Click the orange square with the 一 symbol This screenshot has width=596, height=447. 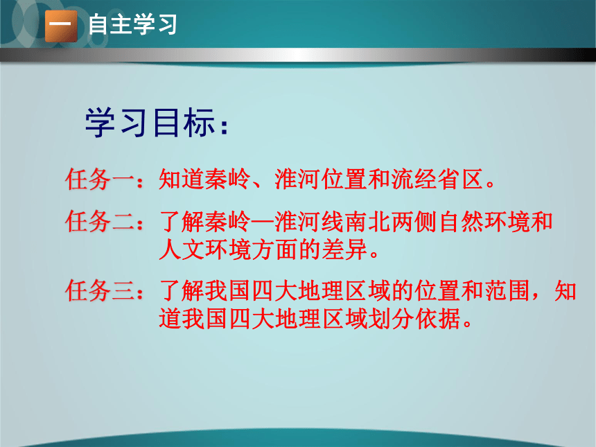pos(61,26)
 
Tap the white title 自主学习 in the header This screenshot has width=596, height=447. pos(132,24)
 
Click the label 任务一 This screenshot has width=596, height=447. pos(100,179)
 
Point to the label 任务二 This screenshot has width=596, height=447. pos(100,221)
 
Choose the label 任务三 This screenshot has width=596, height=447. pos(100,291)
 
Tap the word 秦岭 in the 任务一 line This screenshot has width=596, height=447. pos(228,179)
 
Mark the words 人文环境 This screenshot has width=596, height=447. pos(205,249)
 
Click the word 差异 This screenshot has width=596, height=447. pos(344,249)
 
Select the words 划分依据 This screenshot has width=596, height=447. pos(414,319)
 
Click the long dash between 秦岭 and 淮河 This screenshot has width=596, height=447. pos(263,221)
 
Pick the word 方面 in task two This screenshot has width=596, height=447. pos(274,249)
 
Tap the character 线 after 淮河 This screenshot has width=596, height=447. pos(333,221)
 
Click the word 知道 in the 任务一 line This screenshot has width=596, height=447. pos(182,179)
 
